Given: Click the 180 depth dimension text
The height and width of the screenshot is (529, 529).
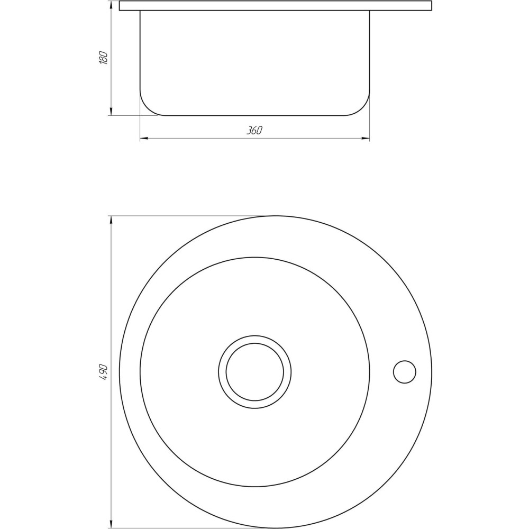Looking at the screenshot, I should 104,58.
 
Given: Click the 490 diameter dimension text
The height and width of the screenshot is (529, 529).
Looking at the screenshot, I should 104,373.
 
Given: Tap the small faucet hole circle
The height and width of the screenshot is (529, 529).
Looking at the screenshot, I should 405,372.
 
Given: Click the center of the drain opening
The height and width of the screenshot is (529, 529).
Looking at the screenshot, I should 254,372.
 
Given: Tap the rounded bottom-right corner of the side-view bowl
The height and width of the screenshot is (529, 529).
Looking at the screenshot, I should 362,108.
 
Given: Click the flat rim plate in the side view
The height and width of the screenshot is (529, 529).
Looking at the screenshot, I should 275,6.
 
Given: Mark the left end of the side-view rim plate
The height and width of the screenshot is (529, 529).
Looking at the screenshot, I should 120,6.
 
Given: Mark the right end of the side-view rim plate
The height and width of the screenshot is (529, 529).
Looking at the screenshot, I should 431,6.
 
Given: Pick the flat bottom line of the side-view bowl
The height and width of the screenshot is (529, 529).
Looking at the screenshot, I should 254,115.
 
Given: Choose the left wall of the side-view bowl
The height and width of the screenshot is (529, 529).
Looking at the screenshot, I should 140,53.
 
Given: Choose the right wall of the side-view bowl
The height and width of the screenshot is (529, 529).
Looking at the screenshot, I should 369,53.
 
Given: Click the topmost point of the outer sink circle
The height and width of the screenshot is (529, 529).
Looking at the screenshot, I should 275,216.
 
